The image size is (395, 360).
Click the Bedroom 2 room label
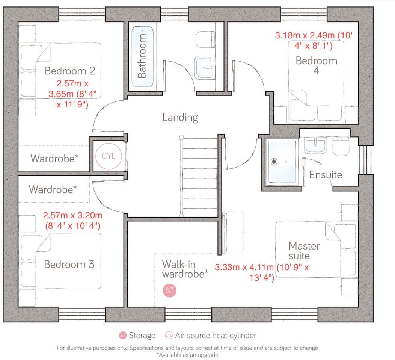click(x=70, y=71)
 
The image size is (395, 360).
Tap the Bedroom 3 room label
click(x=69, y=264)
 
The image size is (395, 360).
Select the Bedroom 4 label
click(x=316, y=65)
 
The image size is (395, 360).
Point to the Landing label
click(x=180, y=118)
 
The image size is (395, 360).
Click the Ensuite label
click(x=326, y=175)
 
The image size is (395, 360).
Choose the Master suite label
click(x=304, y=251)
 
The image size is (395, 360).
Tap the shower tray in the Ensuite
click(x=282, y=162)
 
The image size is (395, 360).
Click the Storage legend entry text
click(x=142, y=336)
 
